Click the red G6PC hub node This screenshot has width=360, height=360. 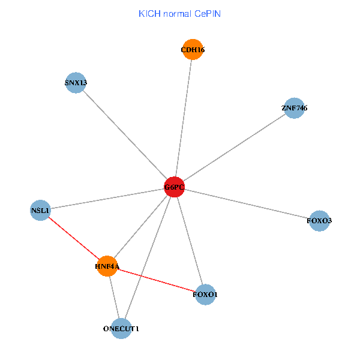(174, 188)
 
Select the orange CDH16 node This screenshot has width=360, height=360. (193, 50)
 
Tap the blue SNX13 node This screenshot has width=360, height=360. (76, 82)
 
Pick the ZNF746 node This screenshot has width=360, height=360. (294, 108)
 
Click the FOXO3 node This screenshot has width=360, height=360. (319, 221)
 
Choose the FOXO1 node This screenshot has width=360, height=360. (205, 295)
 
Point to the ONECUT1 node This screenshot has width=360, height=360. (121, 328)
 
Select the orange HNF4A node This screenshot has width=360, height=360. (107, 266)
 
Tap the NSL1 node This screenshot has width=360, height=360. (40, 210)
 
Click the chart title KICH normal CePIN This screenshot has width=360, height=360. (179, 13)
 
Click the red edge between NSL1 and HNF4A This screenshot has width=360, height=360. (73, 238)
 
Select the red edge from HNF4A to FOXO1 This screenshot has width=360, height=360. (156, 280)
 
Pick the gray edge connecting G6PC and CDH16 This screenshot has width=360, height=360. (184, 119)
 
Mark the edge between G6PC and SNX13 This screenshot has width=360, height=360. (125, 135)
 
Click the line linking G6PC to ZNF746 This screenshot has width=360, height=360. (234, 148)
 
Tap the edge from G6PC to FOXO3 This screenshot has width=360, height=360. (247, 204)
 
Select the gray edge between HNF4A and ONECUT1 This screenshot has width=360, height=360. (114, 297)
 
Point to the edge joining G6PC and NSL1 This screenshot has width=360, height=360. (107, 199)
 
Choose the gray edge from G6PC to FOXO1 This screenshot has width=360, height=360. (190, 241)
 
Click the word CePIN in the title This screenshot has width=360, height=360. (207, 13)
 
